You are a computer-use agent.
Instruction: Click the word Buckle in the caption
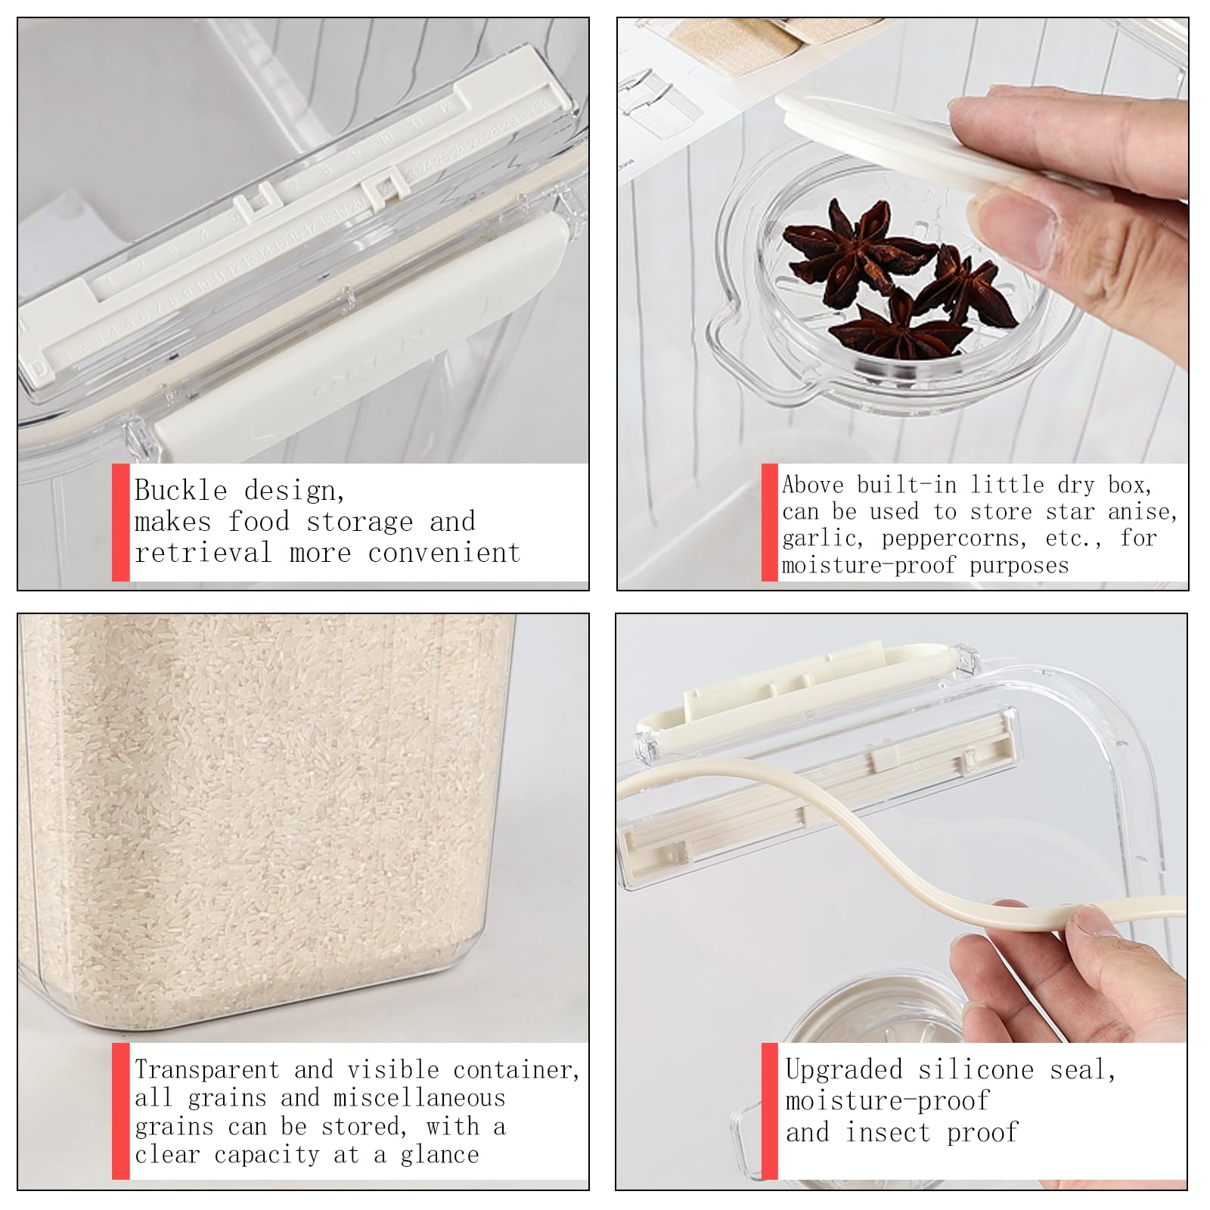coord(181,491)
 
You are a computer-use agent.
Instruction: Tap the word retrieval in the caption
coord(203,553)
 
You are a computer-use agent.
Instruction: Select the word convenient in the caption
coord(445,553)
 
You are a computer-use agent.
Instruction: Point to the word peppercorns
coord(954,538)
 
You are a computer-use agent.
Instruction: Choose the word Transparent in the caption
coord(207,1069)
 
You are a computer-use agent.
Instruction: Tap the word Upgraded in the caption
coord(844,1069)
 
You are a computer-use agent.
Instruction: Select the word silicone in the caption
coord(976,1069)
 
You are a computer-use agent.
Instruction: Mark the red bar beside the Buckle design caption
coord(121,523)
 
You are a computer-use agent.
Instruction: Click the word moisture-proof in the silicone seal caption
coord(887,1101)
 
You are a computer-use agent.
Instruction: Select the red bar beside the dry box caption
coord(770,523)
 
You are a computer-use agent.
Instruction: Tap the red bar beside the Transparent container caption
coord(121,1111)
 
